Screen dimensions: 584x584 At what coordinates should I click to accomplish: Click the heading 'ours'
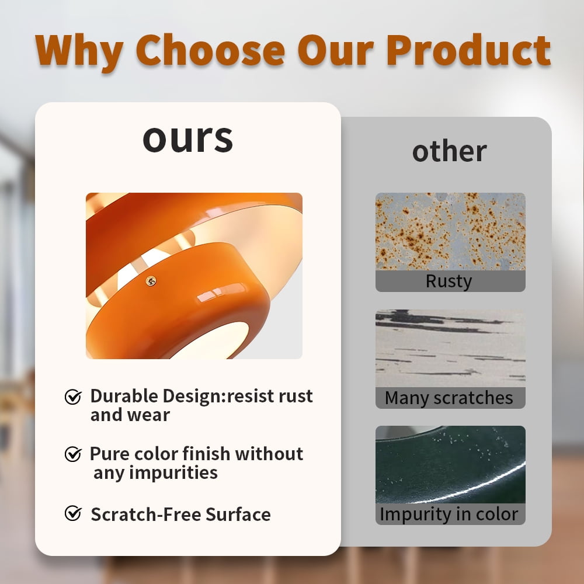tap(187, 139)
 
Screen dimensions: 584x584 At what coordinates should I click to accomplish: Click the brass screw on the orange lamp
tap(151, 281)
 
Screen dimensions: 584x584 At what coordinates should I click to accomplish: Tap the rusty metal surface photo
tap(450, 231)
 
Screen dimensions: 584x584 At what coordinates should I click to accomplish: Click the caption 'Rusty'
tap(449, 281)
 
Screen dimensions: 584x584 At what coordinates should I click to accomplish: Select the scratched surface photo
tap(450, 348)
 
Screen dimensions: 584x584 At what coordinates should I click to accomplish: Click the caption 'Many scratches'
tap(449, 398)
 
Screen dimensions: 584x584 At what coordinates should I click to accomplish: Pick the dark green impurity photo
tap(450, 464)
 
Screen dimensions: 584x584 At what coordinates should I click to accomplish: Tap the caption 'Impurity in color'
tap(449, 515)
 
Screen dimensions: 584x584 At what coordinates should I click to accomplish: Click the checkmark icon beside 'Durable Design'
tap(73, 397)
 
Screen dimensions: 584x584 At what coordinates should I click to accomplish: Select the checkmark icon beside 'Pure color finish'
tap(73, 454)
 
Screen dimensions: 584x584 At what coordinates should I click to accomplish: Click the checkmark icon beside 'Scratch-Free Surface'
tap(73, 513)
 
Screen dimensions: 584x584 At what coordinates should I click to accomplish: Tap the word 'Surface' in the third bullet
tap(238, 515)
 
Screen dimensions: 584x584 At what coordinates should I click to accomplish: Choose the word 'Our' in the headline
tap(336, 50)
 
